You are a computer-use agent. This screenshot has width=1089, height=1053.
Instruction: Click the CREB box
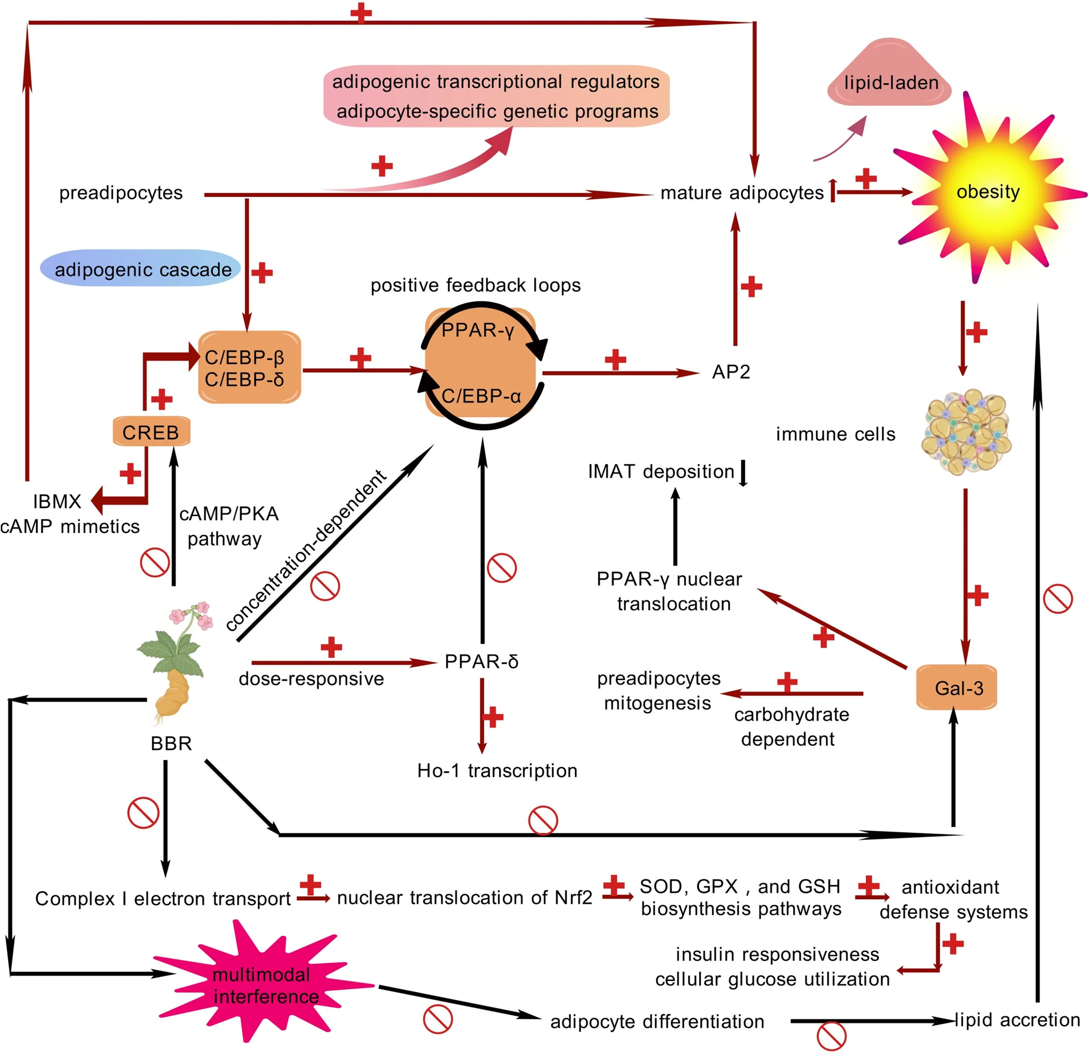coord(151,431)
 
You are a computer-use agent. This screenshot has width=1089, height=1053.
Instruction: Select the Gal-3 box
coord(956,688)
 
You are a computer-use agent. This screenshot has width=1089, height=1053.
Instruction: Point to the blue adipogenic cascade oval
coord(140,268)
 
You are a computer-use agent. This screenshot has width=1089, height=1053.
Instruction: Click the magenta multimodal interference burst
coord(264,985)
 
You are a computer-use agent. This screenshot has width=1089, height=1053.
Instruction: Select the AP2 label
coord(731,371)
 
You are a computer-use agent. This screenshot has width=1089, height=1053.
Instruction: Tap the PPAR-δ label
coord(481,661)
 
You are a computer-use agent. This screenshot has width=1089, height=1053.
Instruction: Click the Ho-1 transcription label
coord(497,770)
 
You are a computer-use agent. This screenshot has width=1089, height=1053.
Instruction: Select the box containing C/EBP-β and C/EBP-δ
coord(249,367)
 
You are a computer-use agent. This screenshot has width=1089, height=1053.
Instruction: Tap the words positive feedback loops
coord(475,285)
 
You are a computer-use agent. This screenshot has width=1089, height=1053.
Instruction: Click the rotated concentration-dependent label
coord(306,551)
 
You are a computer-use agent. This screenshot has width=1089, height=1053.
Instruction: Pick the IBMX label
coord(57,501)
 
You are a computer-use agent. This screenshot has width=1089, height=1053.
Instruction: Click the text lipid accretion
coord(1017,1019)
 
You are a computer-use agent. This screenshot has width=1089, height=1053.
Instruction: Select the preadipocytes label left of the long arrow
coord(121,193)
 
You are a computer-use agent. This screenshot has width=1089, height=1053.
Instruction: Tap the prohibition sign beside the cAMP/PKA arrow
coord(155,562)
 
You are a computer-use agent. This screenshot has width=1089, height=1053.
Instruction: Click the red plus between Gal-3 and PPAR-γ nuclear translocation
coord(824,637)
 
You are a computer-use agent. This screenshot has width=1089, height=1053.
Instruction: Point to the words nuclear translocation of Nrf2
coord(464,897)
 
